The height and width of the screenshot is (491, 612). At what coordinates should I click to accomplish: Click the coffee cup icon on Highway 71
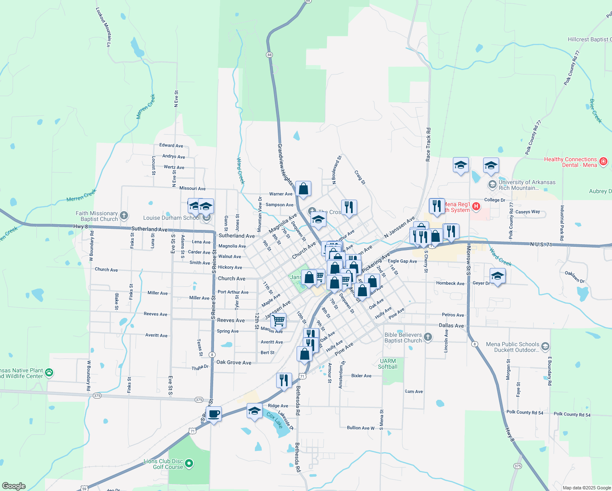(214, 414)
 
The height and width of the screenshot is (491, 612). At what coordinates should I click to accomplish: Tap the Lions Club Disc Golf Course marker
(189, 464)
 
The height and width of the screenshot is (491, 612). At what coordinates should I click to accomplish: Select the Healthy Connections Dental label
(570, 162)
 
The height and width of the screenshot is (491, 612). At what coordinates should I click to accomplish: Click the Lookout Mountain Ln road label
(103, 27)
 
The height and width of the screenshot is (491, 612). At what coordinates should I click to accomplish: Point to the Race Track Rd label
(428, 144)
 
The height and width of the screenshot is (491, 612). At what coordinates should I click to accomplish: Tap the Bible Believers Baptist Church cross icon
(427, 337)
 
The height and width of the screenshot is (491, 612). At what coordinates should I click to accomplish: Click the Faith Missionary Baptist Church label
(97, 216)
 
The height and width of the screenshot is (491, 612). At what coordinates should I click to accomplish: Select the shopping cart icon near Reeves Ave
(279, 320)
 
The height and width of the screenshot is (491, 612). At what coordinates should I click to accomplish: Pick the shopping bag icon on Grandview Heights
(303, 189)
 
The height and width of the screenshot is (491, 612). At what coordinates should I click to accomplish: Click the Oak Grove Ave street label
(234, 363)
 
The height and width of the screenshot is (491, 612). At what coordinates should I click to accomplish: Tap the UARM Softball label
(387, 364)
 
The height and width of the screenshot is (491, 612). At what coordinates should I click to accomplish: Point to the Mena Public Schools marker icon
(545, 347)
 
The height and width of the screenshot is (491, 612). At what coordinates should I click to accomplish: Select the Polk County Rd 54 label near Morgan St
(525, 412)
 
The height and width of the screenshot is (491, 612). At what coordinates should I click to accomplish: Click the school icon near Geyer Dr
(497, 276)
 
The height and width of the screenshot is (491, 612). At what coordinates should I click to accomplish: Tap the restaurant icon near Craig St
(349, 207)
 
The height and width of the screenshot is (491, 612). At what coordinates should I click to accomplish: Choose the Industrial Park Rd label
(562, 223)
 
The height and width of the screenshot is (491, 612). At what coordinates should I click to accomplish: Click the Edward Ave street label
(171, 145)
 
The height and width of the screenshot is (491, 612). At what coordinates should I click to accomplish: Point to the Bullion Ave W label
(360, 428)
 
